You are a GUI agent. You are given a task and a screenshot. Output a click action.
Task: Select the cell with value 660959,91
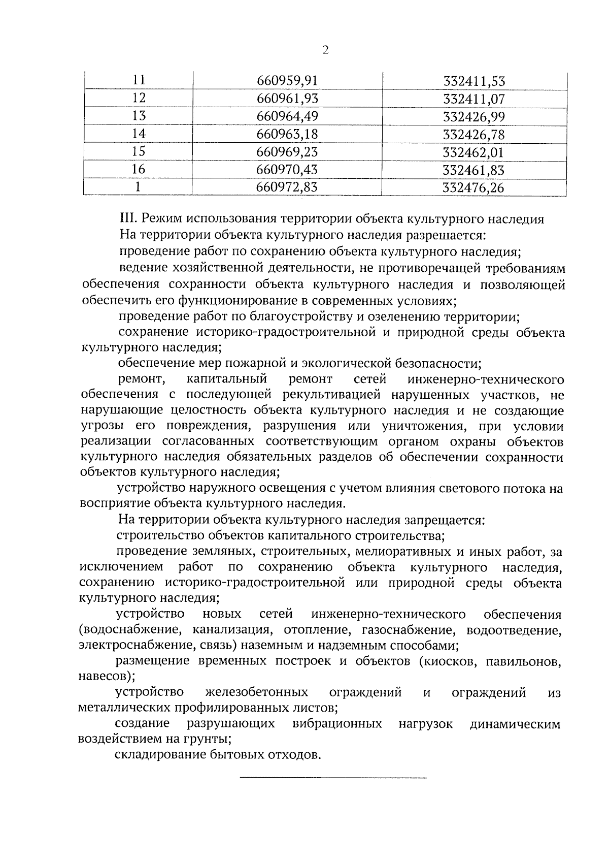(x=287, y=81)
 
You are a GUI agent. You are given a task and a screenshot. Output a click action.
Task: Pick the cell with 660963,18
(x=287, y=134)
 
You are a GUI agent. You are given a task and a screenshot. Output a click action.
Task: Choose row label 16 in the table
(x=139, y=170)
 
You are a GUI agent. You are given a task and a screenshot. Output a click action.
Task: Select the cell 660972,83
(x=287, y=187)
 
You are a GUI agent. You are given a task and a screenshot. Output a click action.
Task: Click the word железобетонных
(x=257, y=692)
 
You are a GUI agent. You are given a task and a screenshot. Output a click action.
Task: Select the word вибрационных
(x=337, y=724)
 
